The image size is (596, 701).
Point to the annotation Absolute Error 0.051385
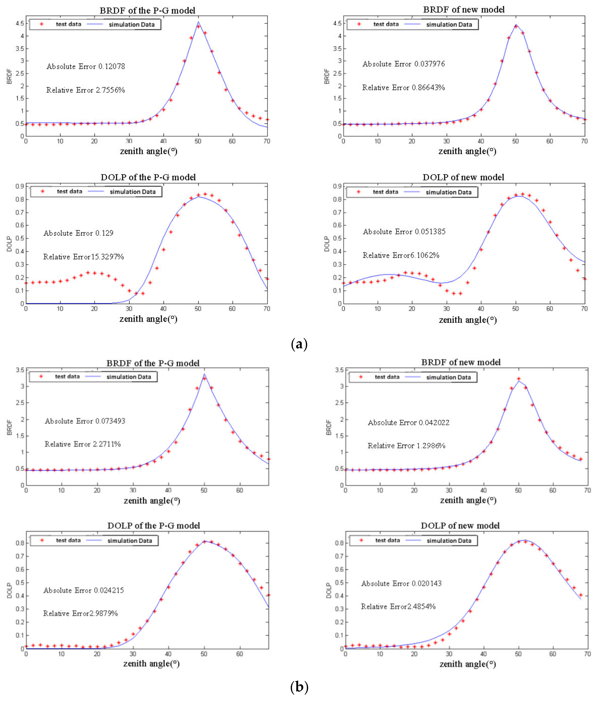404,232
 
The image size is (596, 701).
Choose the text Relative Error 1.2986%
406,446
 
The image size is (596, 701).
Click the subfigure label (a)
299,345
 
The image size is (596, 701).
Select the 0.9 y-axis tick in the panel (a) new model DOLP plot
337,187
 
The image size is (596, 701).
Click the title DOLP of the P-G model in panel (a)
148,177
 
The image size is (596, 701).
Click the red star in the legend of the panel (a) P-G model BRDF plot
41,24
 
